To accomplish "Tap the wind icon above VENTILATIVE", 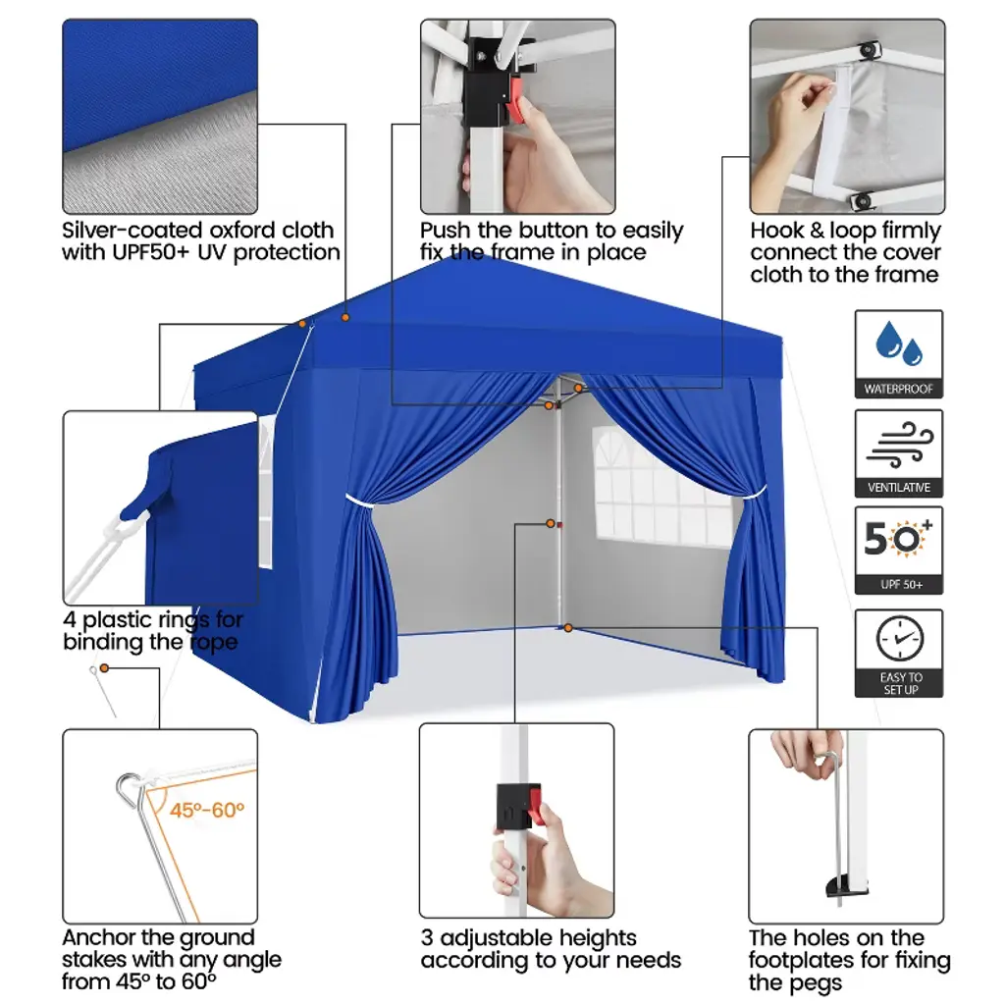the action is click(x=899, y=445).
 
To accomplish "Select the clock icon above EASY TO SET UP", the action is click(x=900, y=638).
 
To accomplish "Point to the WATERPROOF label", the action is click(x=899, y=389).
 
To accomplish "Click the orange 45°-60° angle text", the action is click(x=206, y=810).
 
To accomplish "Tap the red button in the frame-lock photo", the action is click(x=515, y=101).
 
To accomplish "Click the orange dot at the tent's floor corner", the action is click(x=568, y=628).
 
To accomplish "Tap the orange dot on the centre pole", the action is click(x=550, y=524).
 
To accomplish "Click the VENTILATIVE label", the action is click(x=899, y=488).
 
